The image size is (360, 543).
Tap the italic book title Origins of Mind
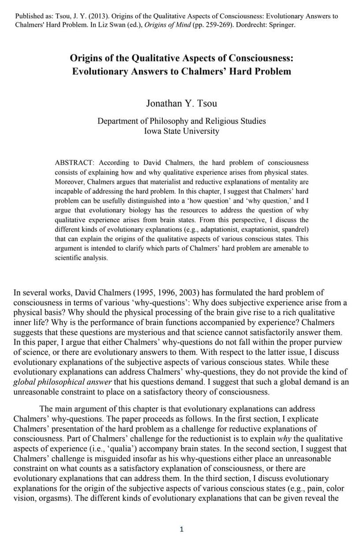(172, 25)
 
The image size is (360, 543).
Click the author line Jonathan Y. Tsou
(181, 91)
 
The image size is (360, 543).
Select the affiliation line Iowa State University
(181, 131)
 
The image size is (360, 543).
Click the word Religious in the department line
(215, 121)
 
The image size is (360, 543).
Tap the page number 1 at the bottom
(181, 529)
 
